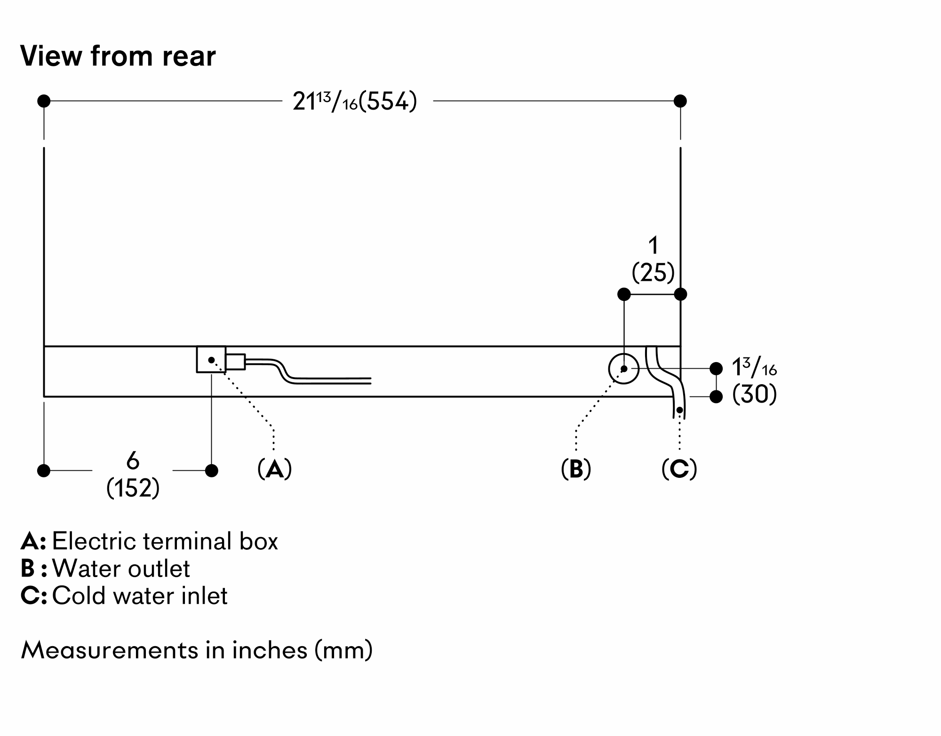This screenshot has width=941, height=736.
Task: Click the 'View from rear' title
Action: (x=118, y=56)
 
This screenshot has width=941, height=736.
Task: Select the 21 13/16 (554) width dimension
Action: (x=355, y=102)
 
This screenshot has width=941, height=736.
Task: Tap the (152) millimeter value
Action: (x=133, y=488)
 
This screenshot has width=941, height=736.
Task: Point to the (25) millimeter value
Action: (x=653, y=273)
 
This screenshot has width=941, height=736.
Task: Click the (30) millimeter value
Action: (x=754, y=395)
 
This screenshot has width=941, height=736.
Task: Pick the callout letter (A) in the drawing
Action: (x=275, y=469)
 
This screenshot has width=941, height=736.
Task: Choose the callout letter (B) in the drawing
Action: (x=576, y=469)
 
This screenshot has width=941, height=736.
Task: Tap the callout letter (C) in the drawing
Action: (x=679, y=469)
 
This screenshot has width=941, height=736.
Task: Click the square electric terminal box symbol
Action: (x=211, y=360)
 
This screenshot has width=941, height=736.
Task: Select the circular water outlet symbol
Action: (x=624, y=369)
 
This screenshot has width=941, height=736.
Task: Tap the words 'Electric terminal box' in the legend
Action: (x=165, y=541)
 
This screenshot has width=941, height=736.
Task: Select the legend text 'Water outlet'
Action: (x=121, y=569)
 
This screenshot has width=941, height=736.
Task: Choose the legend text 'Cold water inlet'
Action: (x=140, y=596)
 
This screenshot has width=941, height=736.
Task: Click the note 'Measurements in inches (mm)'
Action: (x=197, y=650)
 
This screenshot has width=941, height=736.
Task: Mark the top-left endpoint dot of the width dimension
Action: (x=44, y=101)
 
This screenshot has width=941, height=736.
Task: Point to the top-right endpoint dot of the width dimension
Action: (x=680, y=101)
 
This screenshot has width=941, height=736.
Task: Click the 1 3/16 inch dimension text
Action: (x=754, y=368)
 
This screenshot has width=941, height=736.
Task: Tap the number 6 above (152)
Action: (x=133, y=461)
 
